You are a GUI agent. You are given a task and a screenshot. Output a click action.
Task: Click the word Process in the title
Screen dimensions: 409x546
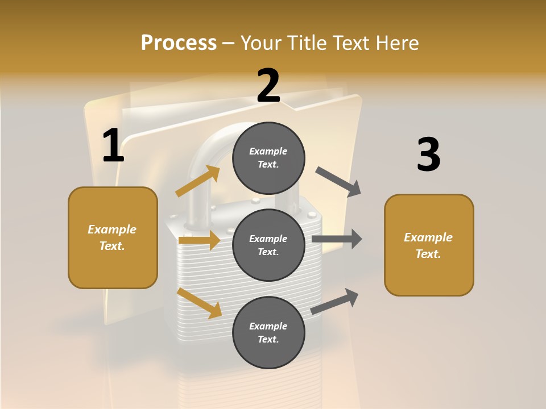pos(179,43)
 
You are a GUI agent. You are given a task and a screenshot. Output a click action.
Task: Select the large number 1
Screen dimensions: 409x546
pos(113,146)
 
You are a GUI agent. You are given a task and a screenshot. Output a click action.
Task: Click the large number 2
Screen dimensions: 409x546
pos(268,86)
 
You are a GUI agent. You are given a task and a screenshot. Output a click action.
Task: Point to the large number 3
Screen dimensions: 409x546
pos(428,155)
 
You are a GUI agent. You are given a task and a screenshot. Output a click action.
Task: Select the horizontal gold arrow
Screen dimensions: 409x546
pos(199,240)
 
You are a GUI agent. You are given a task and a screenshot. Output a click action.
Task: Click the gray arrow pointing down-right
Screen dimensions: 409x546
pos(338,182)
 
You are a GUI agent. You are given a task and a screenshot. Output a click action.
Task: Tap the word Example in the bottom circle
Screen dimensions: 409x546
pos(268,326)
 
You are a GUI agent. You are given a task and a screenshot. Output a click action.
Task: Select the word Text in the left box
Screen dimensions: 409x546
pos(111,246)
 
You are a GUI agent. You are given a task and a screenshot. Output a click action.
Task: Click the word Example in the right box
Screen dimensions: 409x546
pos(428,237)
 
